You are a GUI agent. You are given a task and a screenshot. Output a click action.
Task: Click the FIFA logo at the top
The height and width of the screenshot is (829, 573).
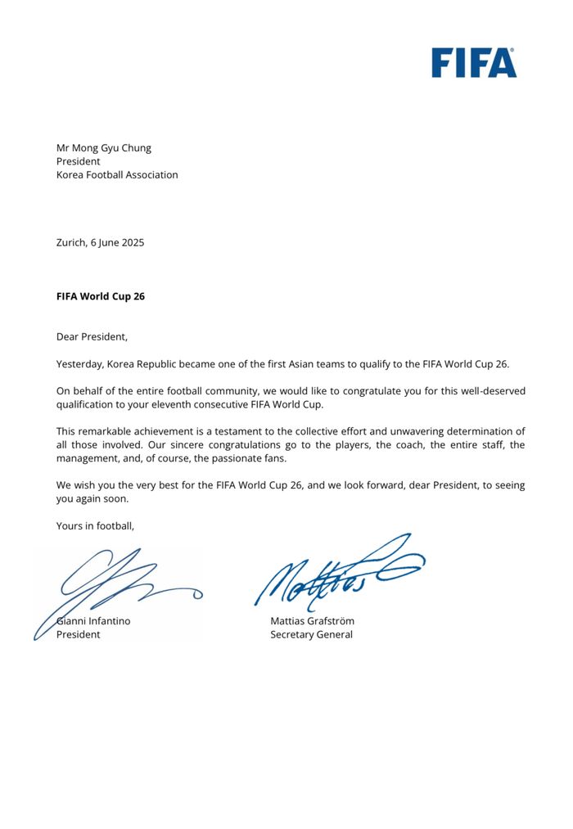474,62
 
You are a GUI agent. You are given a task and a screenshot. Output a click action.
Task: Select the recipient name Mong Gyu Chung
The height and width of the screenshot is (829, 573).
112,148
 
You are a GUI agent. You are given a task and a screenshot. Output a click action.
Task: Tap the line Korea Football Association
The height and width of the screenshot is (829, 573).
117,174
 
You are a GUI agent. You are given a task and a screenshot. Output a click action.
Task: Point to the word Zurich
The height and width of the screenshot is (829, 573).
70,242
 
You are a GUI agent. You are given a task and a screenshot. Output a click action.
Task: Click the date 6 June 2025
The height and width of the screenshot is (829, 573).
117,242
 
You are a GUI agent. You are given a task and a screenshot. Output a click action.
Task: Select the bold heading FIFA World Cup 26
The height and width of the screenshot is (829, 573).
100,296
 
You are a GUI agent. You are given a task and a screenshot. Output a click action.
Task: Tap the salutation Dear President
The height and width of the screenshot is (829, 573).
92,336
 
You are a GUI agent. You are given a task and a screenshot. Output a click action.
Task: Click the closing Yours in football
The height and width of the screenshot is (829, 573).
95,526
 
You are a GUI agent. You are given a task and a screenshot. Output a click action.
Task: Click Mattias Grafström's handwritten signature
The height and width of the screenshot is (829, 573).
336,573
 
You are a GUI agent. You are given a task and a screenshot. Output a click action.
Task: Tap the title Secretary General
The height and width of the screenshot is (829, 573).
311,634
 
